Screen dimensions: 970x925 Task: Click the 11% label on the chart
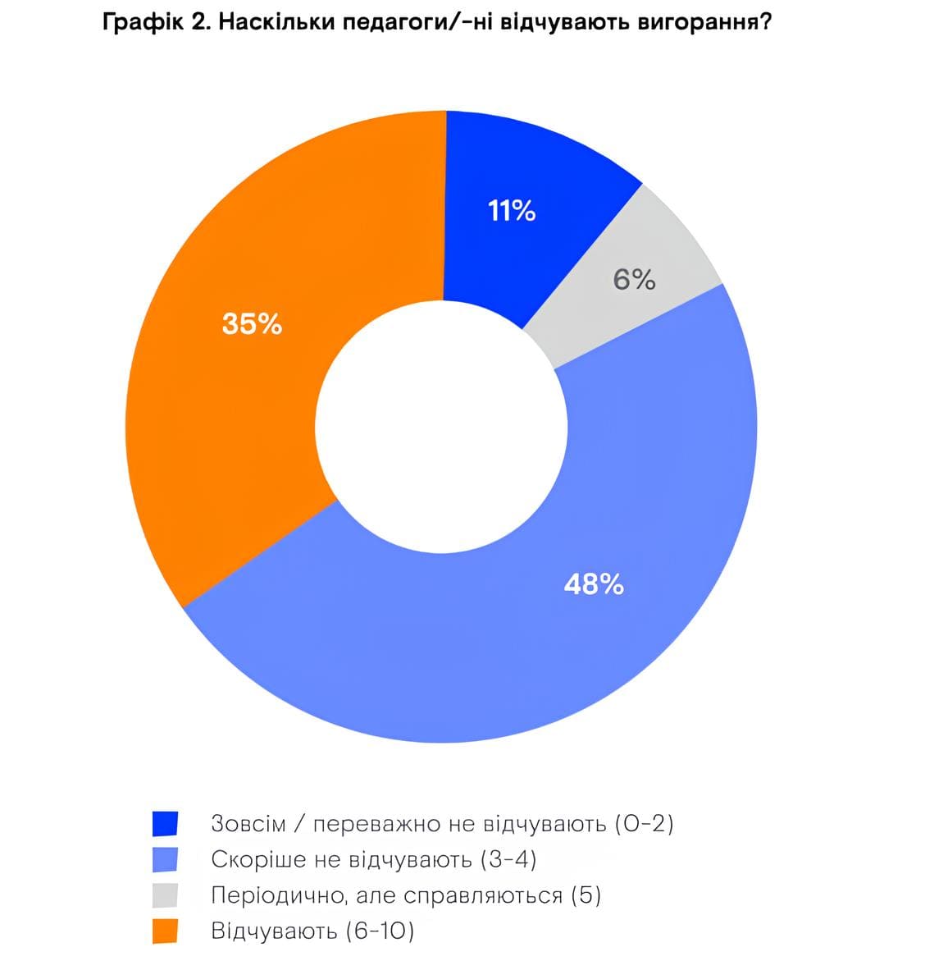tap(512, 212)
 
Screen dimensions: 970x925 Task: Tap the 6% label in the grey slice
tap(635, 281)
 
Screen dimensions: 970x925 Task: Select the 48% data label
tap(594, 584)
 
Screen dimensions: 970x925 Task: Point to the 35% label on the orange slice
tap(252, 325)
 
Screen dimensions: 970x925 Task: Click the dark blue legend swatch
tap(165, 824)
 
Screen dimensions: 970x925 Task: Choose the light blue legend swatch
tap(165, 860)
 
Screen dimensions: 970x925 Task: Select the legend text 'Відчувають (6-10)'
tap(312, 931)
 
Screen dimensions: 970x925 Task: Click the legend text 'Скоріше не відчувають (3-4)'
tap(373, 859)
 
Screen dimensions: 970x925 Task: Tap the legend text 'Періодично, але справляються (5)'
tap(406, 895)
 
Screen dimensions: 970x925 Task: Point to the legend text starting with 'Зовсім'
tap(442, 823)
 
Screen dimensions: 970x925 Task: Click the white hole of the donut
tap(441, 427)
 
